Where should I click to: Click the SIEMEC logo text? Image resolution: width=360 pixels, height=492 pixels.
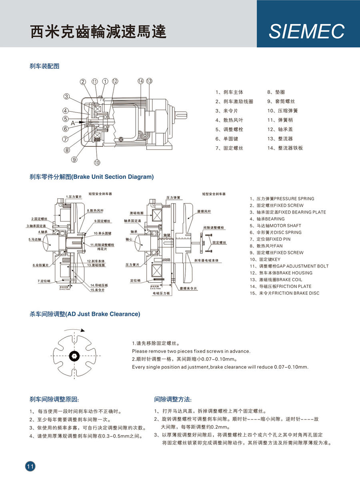[306, 31]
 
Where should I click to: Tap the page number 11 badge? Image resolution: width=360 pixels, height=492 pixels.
[30, 466]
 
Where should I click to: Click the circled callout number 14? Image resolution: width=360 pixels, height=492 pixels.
[140, 81]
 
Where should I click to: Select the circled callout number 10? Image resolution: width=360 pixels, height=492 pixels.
[97, 162]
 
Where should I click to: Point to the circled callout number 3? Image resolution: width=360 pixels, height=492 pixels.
[67, 96]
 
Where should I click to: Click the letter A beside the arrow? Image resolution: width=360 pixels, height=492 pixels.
[73, 124]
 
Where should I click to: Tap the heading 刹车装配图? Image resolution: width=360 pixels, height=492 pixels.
[44, 66]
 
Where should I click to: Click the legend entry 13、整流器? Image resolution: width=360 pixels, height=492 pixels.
[280, 138]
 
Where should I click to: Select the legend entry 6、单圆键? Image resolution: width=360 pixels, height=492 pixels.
[227, 138]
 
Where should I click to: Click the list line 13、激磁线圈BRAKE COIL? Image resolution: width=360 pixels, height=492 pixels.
[276, 280]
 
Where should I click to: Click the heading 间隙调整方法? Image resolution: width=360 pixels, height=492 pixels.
[173, 399]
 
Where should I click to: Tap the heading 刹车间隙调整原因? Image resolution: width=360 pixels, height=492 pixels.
[54, 399]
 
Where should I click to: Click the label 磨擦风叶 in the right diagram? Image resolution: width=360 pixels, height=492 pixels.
[204, 211]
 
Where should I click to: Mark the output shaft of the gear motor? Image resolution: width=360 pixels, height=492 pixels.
[182, 114]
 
